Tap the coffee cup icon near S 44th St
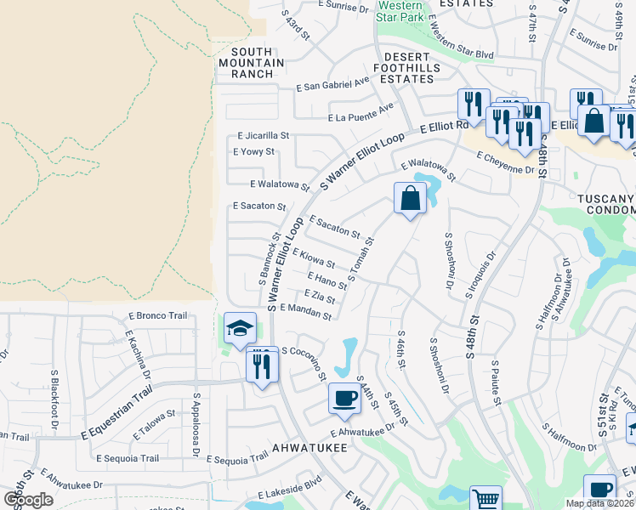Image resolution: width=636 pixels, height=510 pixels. coord(344,398)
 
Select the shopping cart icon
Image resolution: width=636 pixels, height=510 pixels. coord(486,499)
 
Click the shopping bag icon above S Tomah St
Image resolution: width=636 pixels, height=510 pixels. coord(410,198)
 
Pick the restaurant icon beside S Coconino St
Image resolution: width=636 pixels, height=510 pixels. coord(262,366)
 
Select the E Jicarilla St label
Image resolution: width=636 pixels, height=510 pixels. coord(264,135)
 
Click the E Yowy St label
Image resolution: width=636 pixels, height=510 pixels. coord(253,152)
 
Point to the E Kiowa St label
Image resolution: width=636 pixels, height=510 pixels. coord(313,258)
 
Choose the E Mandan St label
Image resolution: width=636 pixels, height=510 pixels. coord(304,312)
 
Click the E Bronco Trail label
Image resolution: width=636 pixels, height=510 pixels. coord(157,315)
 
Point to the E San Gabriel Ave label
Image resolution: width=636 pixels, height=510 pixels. coord(333,86)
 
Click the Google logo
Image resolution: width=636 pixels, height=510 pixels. coord(29,499)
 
